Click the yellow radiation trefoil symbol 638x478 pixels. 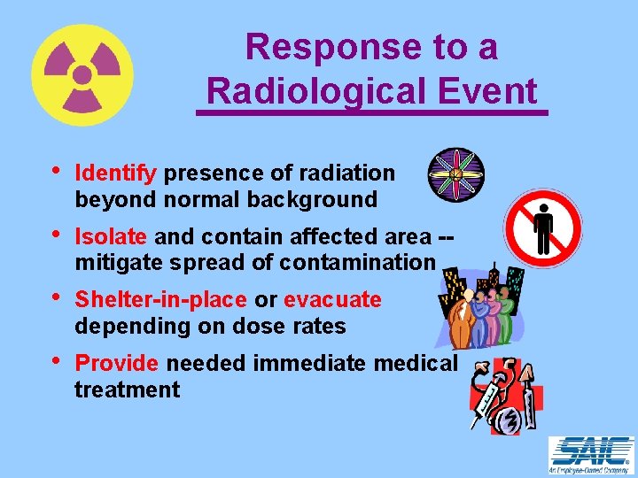[82, 75]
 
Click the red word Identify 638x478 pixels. [116, 173]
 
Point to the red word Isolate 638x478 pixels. [113, 237]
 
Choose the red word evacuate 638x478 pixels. [332, 301]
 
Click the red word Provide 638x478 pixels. [117, 364]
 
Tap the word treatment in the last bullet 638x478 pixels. [128, 389]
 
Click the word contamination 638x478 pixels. [357, 263]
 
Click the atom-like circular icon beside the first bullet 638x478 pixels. [455, 173]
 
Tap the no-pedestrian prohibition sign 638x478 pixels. [543, 229]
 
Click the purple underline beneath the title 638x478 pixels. [372, 112]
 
